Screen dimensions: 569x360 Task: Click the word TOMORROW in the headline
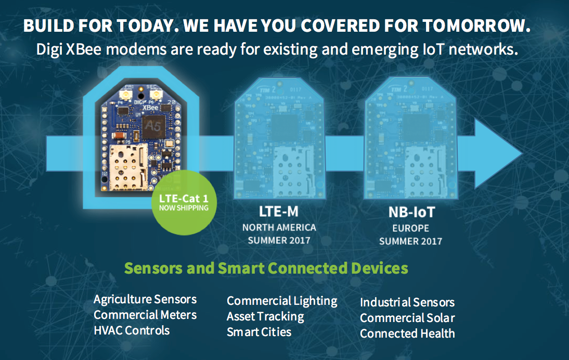(476, 25)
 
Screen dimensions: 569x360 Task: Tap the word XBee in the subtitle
(84, 49)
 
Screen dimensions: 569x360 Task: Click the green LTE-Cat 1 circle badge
(184, 202)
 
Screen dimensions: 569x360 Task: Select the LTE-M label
(279, 211)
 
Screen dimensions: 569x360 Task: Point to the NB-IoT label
(411, 212)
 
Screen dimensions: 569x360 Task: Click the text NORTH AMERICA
(279, 227)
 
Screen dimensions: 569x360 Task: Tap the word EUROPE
(411, 228)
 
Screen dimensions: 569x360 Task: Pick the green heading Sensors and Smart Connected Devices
(266, 268)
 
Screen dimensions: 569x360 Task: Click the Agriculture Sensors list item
(145, 300)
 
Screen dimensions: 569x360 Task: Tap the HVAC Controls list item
(132, 330)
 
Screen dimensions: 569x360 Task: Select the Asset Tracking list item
(265, 317)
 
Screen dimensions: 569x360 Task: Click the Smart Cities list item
(259, 332)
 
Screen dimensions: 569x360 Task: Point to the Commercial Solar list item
(407, 318)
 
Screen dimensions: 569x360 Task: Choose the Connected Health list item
(407, 333)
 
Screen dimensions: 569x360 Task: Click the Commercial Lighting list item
(282, 301)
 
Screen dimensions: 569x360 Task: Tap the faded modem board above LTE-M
(279, 138)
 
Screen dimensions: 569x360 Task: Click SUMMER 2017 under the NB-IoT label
(411, 241)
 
